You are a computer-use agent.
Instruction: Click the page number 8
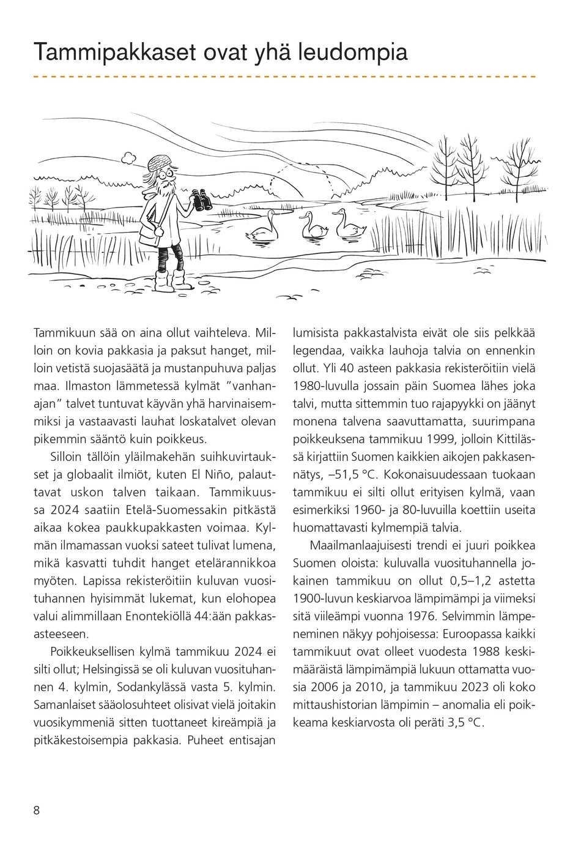click(x=37, y=810)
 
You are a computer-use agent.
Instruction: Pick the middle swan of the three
click(x=314, y=226)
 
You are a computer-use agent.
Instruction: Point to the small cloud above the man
click(x=128, y=159)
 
